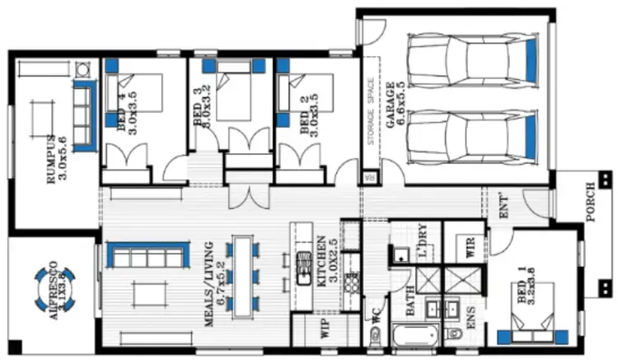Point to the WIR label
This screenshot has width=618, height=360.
(471, 249)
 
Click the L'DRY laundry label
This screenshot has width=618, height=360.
(422, 244)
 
